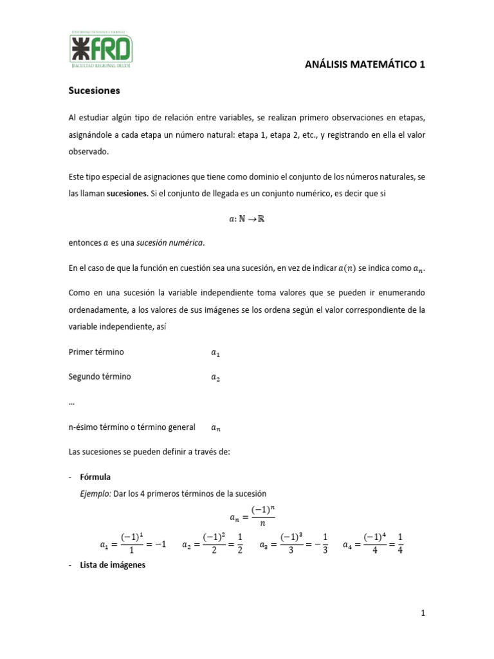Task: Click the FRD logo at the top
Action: (x=102, y=48)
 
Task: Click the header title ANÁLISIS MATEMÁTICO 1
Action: (x=365, y=64)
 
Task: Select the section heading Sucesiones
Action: (x=94, y=91)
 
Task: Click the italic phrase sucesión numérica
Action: (x=172, y=242)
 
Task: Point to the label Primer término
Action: (x=96, y=352)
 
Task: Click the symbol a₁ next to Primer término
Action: (x=215, y=353)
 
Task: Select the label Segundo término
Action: (x=99, y=376)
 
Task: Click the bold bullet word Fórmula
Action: (x=95, y=477)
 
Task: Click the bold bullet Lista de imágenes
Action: (x=113, y=565)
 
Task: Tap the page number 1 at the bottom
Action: (x=423, y=613)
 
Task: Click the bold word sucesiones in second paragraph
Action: (x=127, y=193)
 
